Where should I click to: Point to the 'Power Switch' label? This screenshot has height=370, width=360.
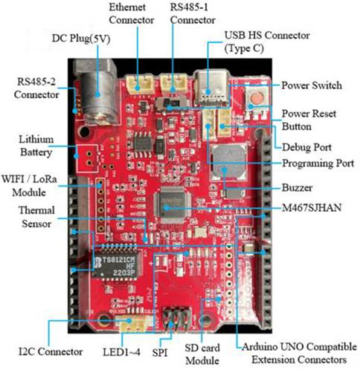tap(312, 85)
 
